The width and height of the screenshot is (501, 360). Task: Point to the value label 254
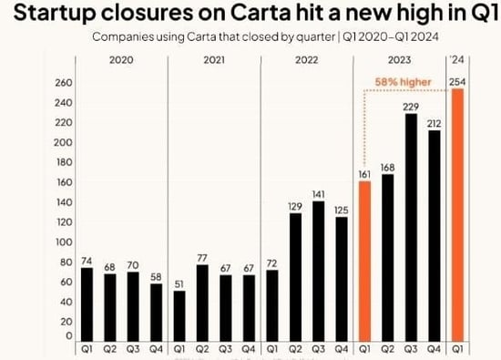459,82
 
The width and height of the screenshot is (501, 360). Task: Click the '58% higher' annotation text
404,81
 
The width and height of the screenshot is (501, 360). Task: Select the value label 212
435,122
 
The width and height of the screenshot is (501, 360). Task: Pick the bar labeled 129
293,278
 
